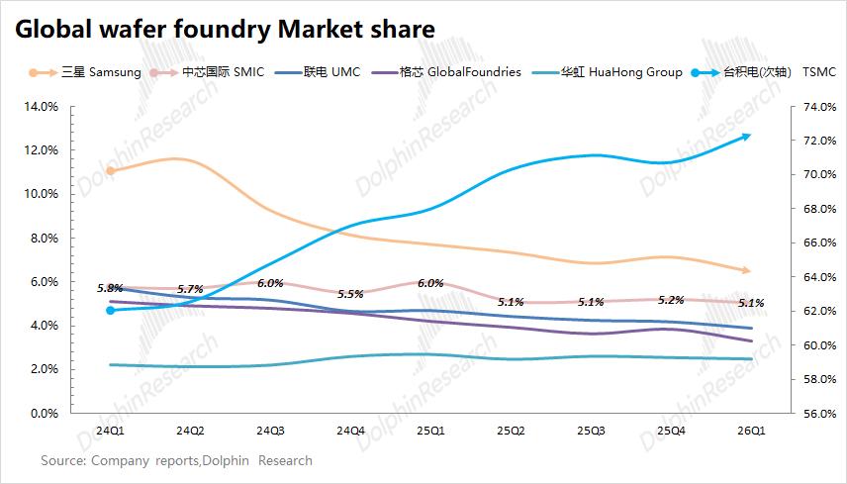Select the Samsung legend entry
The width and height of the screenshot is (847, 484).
[85, 72]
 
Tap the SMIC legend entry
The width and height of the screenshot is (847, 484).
[207, 72]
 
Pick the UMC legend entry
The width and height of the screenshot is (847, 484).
[317, 72]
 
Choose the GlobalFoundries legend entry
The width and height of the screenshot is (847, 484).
[446, 72]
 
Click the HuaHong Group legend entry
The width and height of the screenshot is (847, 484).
[607, 72]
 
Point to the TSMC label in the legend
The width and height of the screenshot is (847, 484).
[819, 72]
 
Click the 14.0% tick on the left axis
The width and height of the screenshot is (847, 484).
[41, 107]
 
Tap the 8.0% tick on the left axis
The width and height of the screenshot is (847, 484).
[44, 238]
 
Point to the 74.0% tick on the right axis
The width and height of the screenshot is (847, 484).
[819, 107]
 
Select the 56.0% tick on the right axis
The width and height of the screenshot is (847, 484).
[819, 414]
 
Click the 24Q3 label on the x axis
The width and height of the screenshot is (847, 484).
[270, 431]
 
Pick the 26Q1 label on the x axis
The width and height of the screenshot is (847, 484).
[751, 431]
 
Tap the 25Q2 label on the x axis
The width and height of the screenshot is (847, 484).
[511, 431]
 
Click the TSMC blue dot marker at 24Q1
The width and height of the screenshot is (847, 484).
[110, 310]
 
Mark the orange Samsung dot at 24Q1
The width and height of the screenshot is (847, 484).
[110, 170]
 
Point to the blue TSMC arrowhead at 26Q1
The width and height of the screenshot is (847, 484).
[745, 137]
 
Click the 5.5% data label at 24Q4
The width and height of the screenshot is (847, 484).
[350, 294]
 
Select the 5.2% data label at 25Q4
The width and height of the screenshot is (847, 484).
[671, 300]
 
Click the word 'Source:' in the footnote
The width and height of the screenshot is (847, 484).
[63, 461]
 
